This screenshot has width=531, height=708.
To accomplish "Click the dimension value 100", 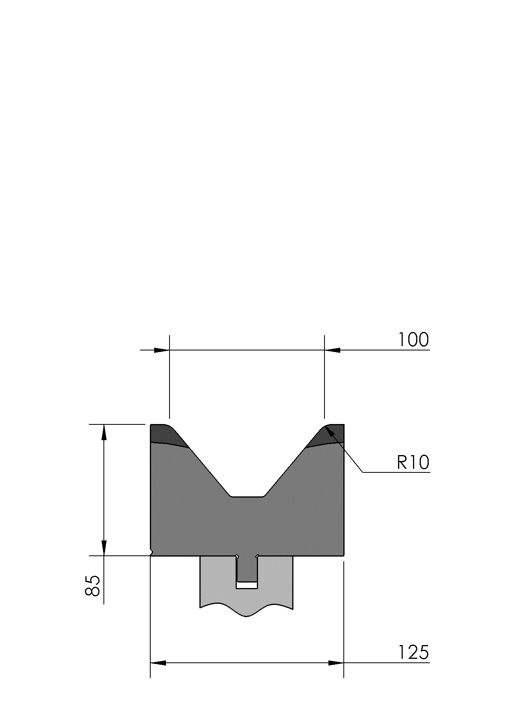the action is (413, 340).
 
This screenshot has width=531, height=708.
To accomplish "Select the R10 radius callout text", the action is (413, 462).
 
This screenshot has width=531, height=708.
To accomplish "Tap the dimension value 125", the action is (413, 652).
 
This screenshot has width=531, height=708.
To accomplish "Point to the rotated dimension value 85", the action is (93, 586).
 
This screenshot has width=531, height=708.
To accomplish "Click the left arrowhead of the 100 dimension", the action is (162, 350).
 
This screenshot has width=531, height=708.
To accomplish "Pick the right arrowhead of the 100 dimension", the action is (332, 350).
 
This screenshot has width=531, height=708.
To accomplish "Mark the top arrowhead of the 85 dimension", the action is (104, 432).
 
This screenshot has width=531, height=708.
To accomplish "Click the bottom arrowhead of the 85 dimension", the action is (104, 548).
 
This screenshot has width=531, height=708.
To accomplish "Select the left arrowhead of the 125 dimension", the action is (158, 663).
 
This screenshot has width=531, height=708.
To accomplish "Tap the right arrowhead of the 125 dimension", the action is (336, 663).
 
